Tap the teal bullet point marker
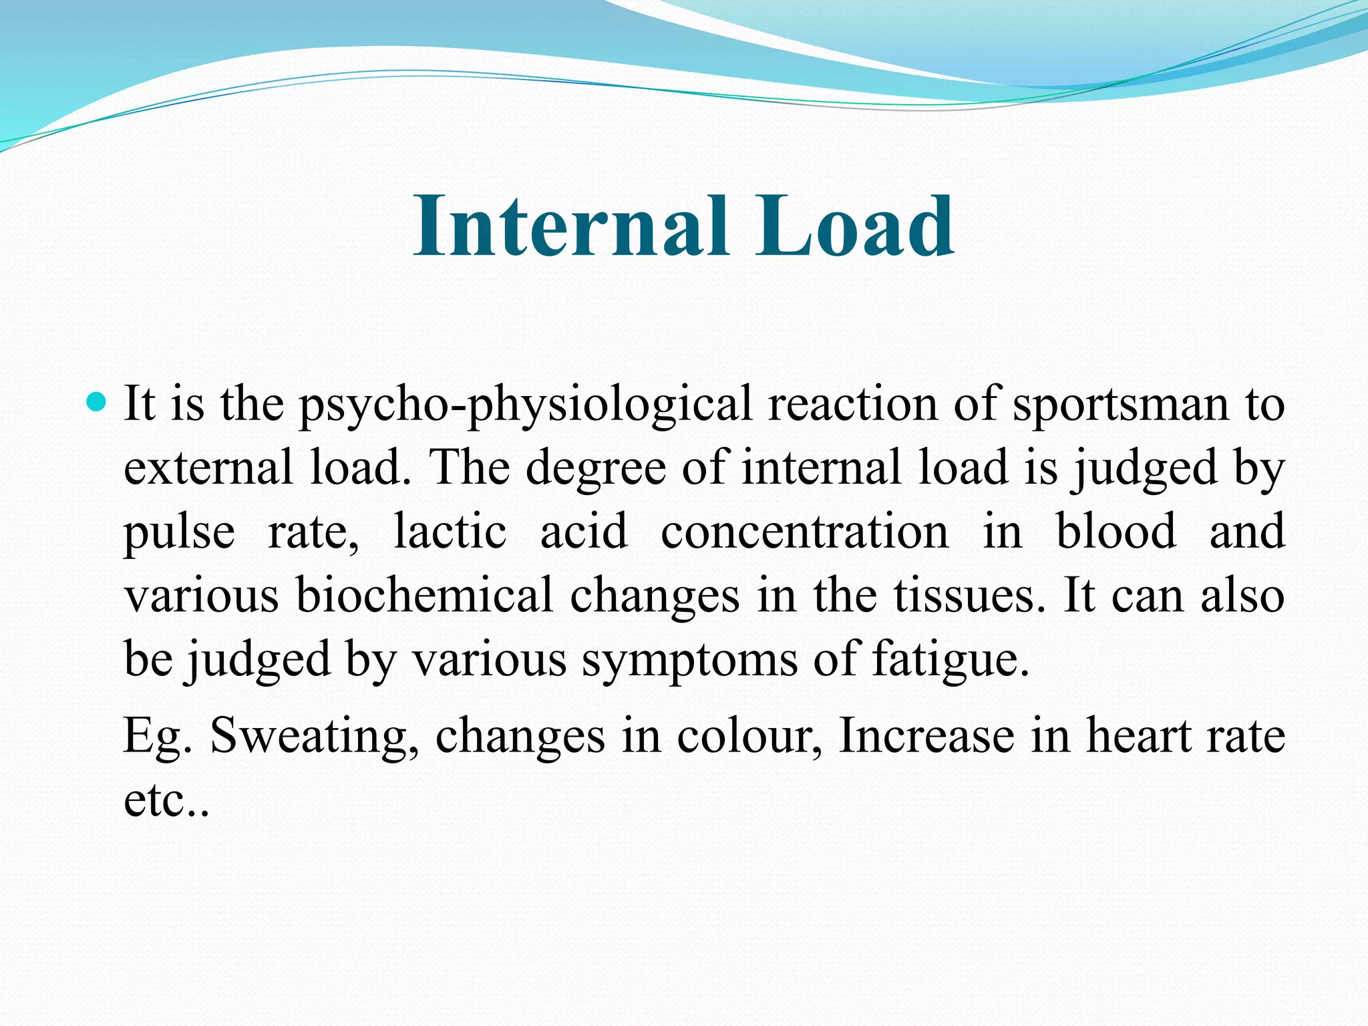coord(98,403)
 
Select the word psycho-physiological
coord(525,405)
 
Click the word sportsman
coord(1121,405)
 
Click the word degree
coord(595,469)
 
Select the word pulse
coord(179,532)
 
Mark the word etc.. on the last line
coord(166,800)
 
